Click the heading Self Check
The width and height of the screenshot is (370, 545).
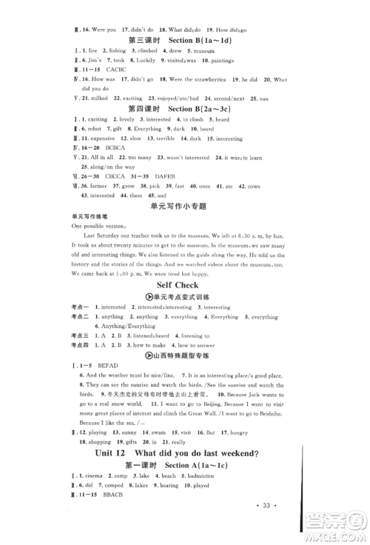tap(185, 285)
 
